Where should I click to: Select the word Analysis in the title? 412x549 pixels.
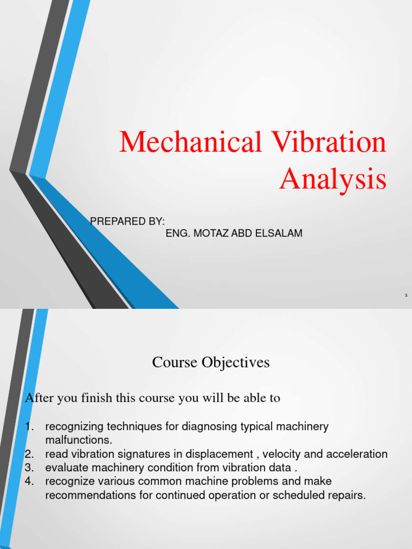(x=333, y=180)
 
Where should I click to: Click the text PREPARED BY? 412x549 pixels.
(x=127, y=221)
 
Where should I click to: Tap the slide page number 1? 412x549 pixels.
(x=406, y=295)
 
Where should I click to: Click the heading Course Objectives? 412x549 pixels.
(x=211, y=363)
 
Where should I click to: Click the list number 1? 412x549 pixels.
(x=30, y=427)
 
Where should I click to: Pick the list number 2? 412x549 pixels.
(x=30, y=454)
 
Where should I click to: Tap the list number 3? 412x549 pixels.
(x=30, y=468)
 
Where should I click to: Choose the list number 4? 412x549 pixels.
(x=30, y=481)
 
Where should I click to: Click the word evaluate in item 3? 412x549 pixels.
(x=65, y=468)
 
